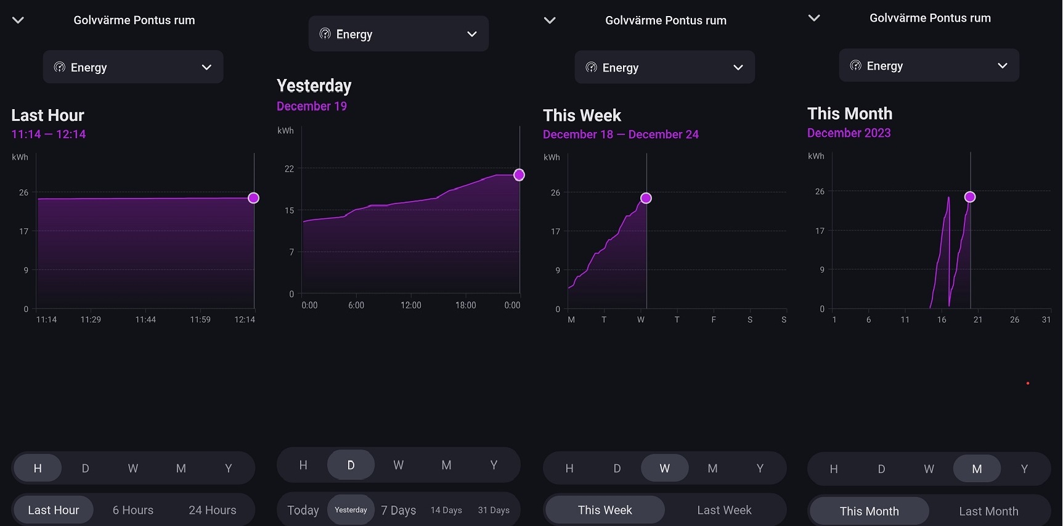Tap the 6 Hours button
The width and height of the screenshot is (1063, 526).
[x=132, y=510]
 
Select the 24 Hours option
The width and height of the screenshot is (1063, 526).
[x=212, y=510]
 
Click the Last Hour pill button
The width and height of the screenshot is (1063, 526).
[x=54, y=510]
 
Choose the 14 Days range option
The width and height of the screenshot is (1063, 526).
[x=446, y=510]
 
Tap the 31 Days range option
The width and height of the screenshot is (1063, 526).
[x=494, y=510]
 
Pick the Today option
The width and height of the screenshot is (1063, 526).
[x=303, y=510]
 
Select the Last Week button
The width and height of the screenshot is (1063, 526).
[x=724, y=510]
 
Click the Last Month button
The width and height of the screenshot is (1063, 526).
[x=988, y=511]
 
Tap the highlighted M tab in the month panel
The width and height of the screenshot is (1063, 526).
[x=977, y=469]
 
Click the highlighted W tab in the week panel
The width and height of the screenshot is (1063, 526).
[x=664, y=469]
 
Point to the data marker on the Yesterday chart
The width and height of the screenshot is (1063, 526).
[x=519, y=175]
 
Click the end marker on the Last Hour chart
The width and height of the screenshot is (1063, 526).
[x=253, y=198]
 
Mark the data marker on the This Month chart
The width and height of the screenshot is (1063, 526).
[x=970, y=197]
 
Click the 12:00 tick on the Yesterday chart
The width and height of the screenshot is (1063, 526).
[x=411, y=305]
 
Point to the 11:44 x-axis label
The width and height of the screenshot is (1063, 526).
[x=145, y=319]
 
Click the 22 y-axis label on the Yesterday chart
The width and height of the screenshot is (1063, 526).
[x=289, y=169]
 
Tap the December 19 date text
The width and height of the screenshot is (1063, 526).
[x=312, y=106]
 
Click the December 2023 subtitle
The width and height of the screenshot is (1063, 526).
[x=849, y=133]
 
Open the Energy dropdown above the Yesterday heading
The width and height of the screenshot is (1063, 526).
[x=398, y=34]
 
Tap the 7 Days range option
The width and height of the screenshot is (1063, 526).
[x=398, y=510]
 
